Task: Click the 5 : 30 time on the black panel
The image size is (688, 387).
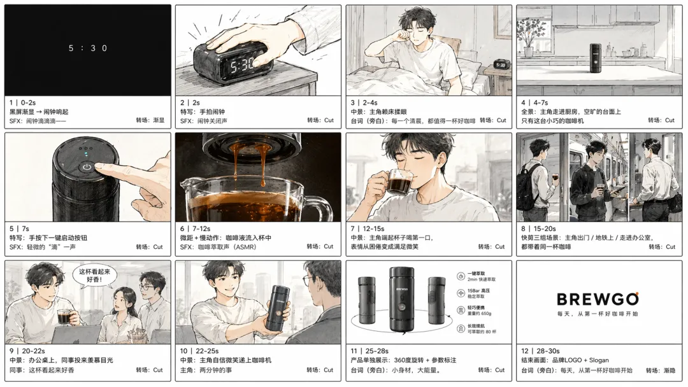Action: click(88, 48)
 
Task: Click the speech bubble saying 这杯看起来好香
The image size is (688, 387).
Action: click(90, 275)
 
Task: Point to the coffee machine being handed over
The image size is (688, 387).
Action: click(278, 308)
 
